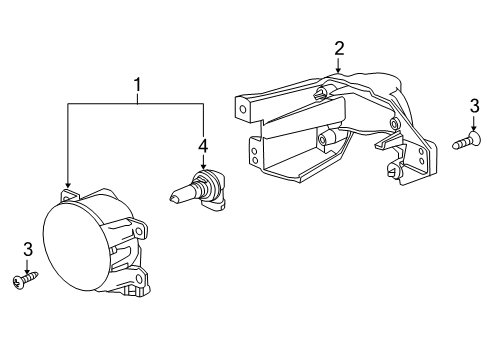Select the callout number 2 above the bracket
click(339, 48)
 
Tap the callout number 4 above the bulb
click(203, 146)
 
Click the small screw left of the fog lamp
click(23, 282)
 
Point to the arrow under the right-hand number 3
click(473, 124)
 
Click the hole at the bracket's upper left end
click(241, 105)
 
